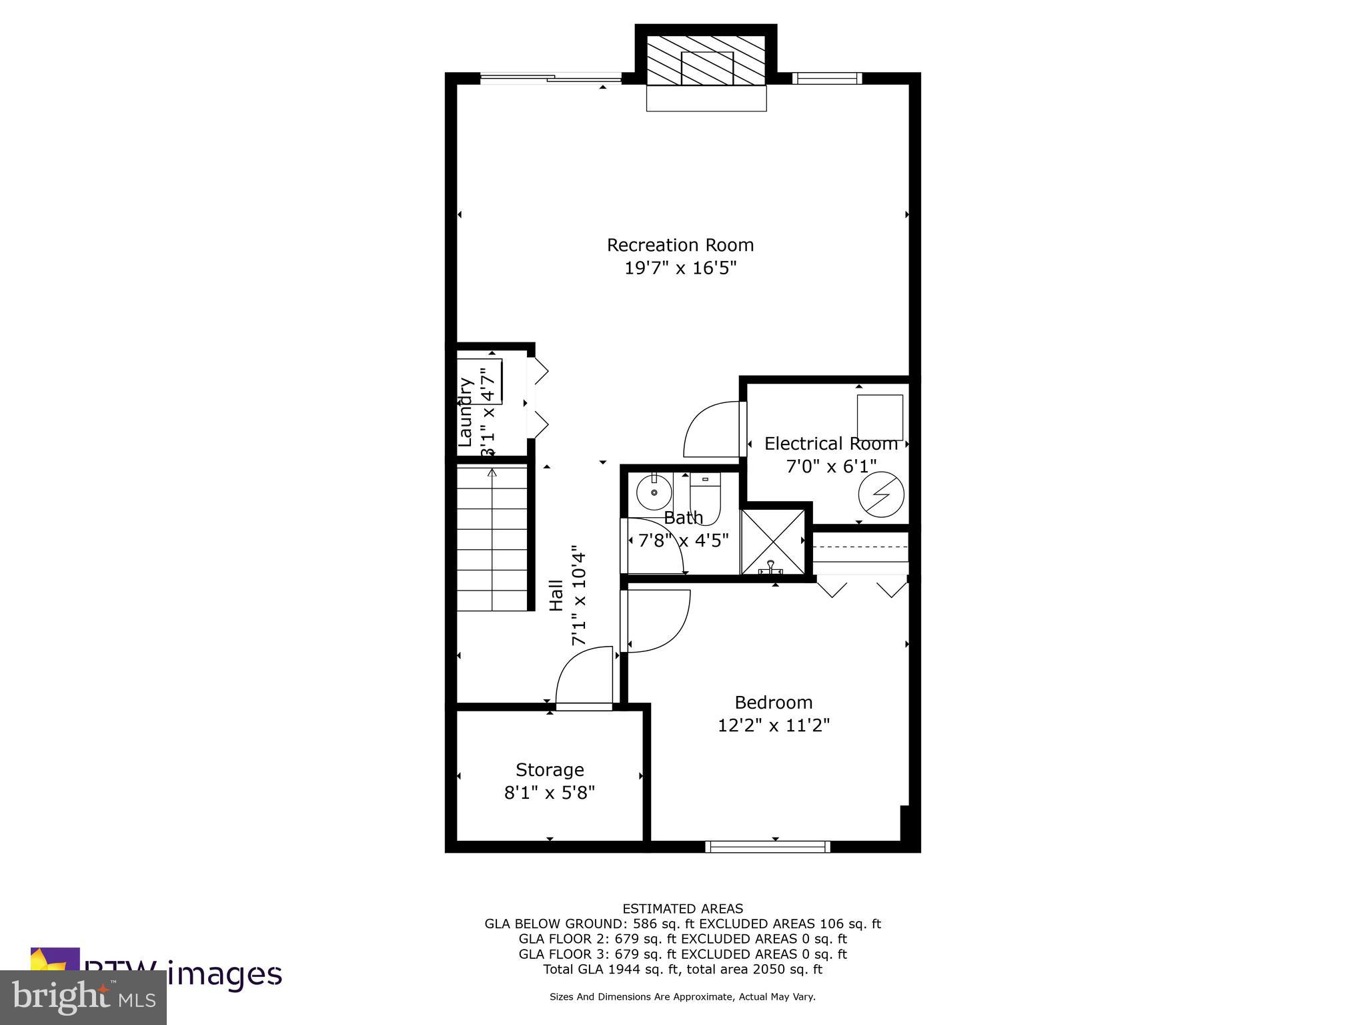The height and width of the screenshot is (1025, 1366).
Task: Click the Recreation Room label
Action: (x=680, y=245)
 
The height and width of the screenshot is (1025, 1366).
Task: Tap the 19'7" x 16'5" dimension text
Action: (x=680, y=268)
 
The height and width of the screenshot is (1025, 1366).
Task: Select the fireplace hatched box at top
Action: (x=706, y=60)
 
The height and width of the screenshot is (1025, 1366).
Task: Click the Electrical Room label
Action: (x=831, y=444)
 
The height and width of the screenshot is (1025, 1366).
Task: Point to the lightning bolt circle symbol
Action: (x=880, y=494)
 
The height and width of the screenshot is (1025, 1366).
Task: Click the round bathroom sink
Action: (x=654, y=493)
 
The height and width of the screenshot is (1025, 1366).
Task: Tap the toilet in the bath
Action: (x=705, y=498)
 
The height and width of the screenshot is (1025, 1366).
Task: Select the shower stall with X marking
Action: (x=774, y=541)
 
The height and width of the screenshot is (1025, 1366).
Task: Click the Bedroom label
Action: (x=774, y=702)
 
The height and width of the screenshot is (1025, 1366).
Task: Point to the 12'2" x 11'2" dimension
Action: (x=774, y=725)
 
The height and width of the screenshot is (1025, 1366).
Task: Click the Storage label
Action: (x=550, y=770)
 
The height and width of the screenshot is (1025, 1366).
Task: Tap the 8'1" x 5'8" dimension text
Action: (x=550, y=793)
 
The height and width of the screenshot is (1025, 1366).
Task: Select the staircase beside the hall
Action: (x=492, y=539)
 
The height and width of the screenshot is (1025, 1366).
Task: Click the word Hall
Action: (x=556, y=595)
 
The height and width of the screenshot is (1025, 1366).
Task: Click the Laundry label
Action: (x=466, y=412)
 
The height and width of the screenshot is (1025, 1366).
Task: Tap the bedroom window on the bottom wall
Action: (x=768, y=847)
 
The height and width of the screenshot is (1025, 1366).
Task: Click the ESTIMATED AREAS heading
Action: (x=682, y=908)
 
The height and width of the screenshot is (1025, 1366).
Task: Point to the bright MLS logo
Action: (x=83, y=997)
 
